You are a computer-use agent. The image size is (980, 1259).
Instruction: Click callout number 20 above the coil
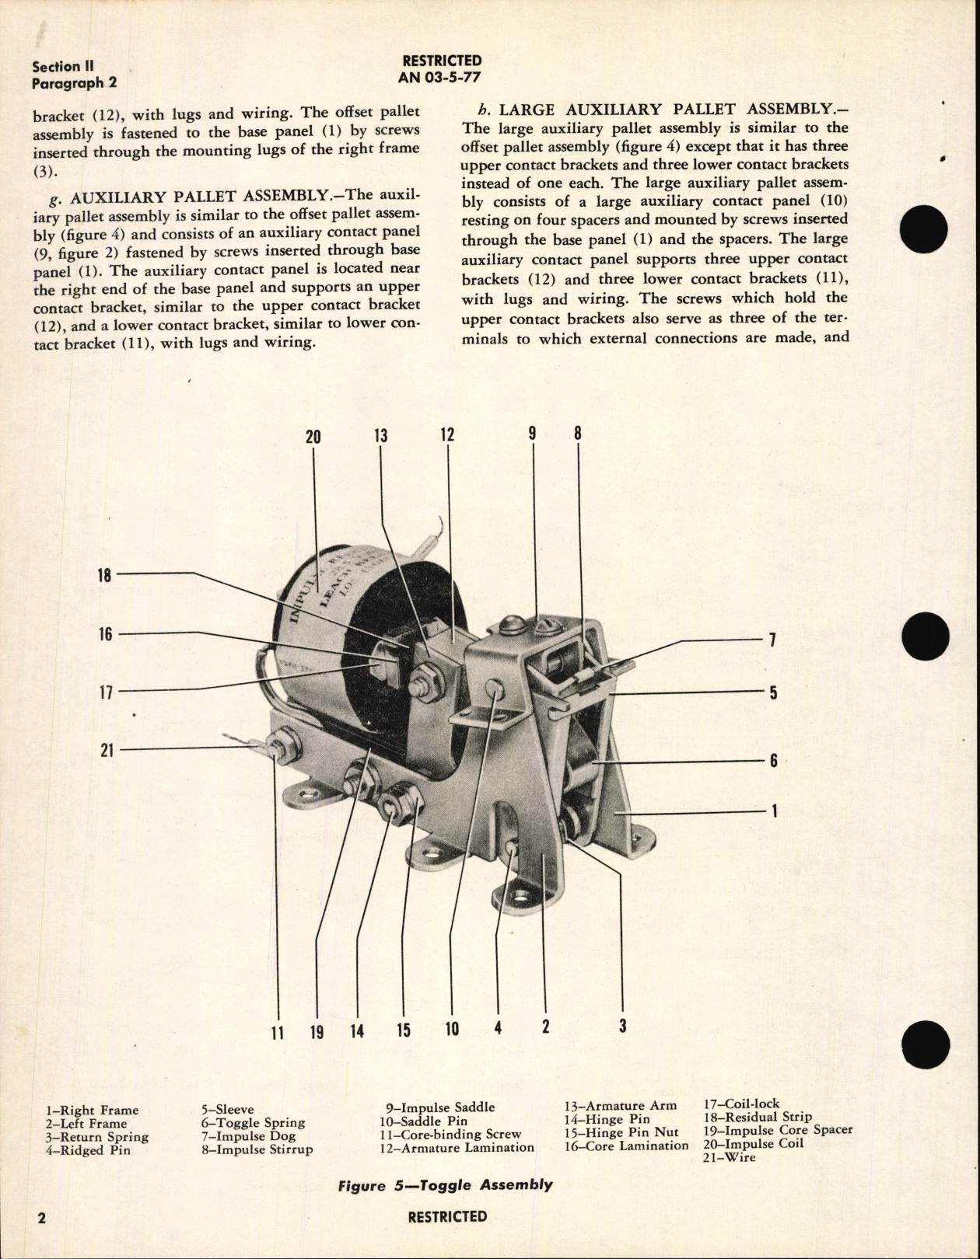[x=313, y=437]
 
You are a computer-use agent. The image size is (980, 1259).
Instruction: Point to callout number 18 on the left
[x=104, y=574]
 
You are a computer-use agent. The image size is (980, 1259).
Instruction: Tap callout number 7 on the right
[x=772, y=640]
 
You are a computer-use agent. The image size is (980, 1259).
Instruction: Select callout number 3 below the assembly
[x=622, y=1026]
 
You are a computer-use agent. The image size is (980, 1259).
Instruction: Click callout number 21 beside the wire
[x=107, y=750]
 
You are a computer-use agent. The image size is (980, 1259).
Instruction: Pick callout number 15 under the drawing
[x=403, y=1031]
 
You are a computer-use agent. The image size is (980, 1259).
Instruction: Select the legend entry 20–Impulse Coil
[x=754, y=1143]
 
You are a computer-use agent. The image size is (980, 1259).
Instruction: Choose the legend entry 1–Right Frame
[x=92, y=1111]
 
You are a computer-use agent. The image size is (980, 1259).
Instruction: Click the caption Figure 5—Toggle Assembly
[x=446, y=1185]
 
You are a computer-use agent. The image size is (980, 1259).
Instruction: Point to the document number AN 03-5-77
[x=439, y=76]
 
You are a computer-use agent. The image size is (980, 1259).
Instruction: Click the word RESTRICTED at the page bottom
[x=447, y=1217]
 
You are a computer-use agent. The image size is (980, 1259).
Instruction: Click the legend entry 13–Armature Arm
[x=620, y=1106]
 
